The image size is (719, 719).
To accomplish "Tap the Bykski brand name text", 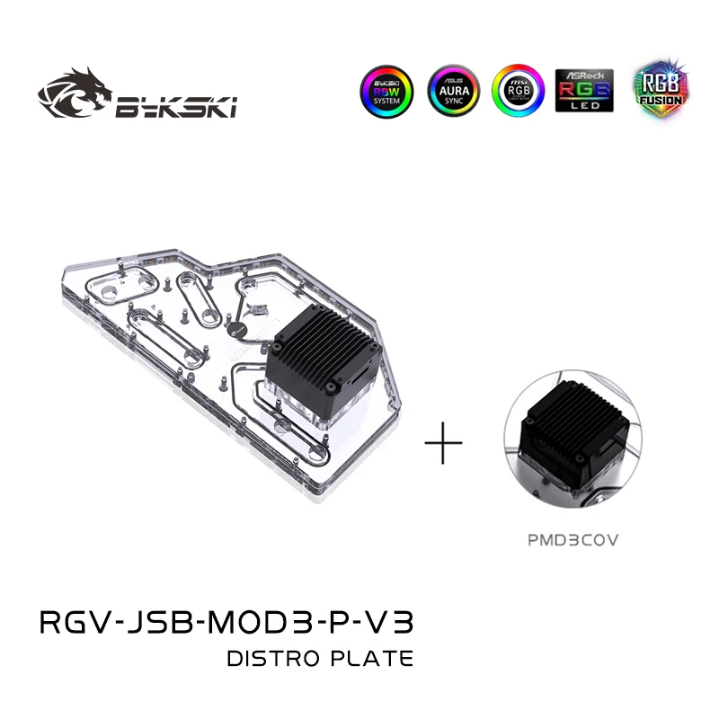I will pyautogui.click(x=175, y=107).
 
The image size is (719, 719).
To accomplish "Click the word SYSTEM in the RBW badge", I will pyautogui.click(x=391, y=101).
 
